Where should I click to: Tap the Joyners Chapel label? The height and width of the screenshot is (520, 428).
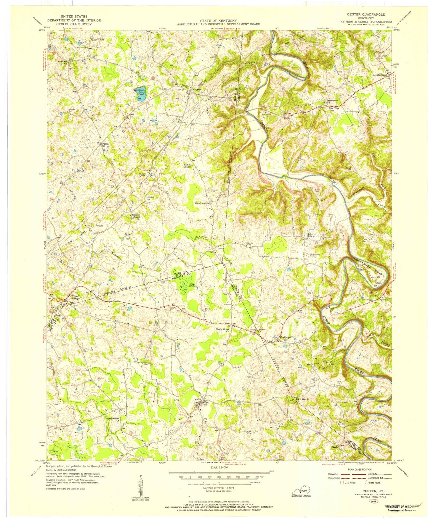tap(136, 216)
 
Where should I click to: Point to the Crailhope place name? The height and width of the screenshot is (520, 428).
tap(285, 337)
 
